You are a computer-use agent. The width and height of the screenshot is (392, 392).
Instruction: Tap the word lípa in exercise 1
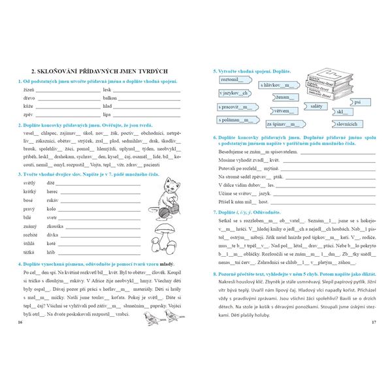(106, 114)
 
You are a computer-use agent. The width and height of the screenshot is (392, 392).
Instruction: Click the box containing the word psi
(357, 102)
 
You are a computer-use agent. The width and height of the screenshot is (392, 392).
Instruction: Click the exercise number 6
(216, 138)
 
